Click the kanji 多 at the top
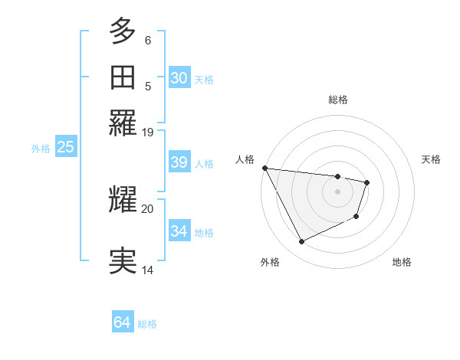click(x=123, y=32)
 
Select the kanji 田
click(x=123, y=77)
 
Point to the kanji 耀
click(x=123, y=198)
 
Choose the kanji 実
click(x=123, y=260)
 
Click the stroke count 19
click(x=148, y=132)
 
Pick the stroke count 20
click(x=148, y=208)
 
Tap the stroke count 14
click(x=148, y=270)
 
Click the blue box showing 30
click(x=179, y=78)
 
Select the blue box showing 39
click(x=179, y=162)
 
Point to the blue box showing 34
click(x=179, y=231)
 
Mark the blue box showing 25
click(x=65, y=147)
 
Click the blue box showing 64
click(x=122, y=322)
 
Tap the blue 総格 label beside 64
click(x=147, y=324)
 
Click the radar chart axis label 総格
click(x=338, y=100)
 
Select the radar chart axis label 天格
click(x=431, y=159)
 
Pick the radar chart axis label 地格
click(x=402, y=262)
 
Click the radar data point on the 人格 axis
click(x=264, y=168)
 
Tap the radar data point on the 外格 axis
click(x=301, y=242)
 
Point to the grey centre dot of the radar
click(x=337, y=191)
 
